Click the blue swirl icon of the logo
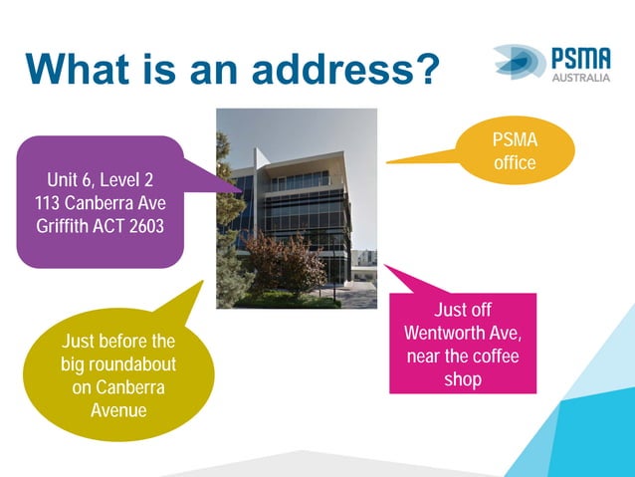[x=519, y=62]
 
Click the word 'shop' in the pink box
[x=462, y=378]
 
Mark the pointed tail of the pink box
[x=390, y=271]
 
